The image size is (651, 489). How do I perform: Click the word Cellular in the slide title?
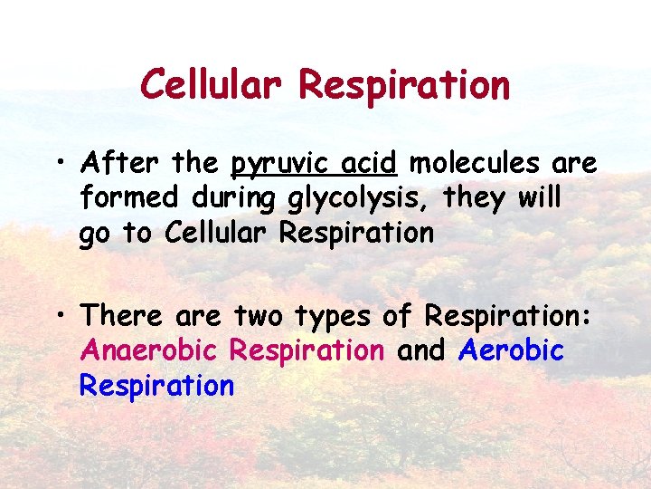[x=212, y=85]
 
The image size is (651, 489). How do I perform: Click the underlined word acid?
[x=370, y=163]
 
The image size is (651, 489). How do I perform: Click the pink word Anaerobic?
[x=150, y=350]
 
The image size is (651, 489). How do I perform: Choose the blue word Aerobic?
[x=512, y=350]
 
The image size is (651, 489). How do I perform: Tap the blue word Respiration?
[x=156, y=386]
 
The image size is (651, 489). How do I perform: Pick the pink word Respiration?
[x=307, y=350]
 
